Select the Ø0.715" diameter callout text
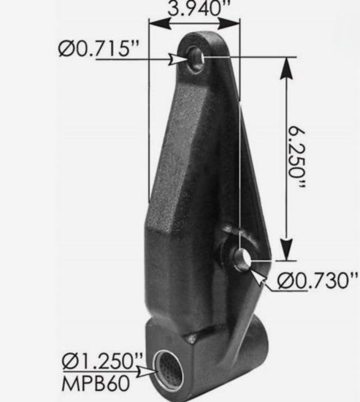[98, 49]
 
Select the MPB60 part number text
[90, 378]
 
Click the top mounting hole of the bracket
[196, 58]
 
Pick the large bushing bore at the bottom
[169, 372]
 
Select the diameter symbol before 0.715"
[64, 49]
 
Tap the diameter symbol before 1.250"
[71, 361]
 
